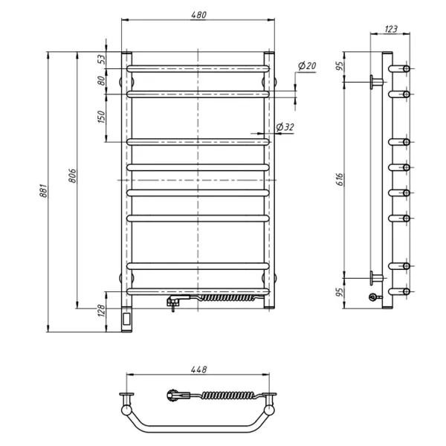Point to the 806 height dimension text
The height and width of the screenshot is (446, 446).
[x=73, y=175]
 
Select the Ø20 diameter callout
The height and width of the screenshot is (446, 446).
[x=308, y=67]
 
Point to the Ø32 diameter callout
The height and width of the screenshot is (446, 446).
[x=285, y=128]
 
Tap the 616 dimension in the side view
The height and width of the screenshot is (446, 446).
[x=340, y=178]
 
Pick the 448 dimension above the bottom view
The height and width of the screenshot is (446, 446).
[x=198, y=369]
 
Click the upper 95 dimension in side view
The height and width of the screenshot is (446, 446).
[x=340, y=66]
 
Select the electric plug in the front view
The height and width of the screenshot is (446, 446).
[x=175, y=301]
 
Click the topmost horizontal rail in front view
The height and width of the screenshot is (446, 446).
[x=198, y=68]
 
